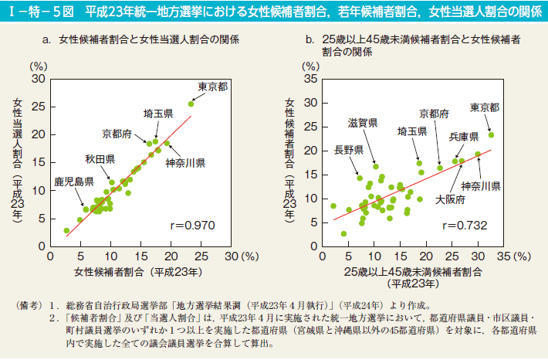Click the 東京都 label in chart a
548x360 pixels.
tap(213, 87)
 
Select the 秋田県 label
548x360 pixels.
tap(100, 159)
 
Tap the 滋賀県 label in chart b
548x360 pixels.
tap(362, 124)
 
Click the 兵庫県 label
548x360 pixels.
tap(465, 136)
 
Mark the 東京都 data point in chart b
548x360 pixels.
tap(491, 134)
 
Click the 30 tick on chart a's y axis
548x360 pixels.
tap(38, 80)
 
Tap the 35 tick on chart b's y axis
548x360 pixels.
tap(311, 80)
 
